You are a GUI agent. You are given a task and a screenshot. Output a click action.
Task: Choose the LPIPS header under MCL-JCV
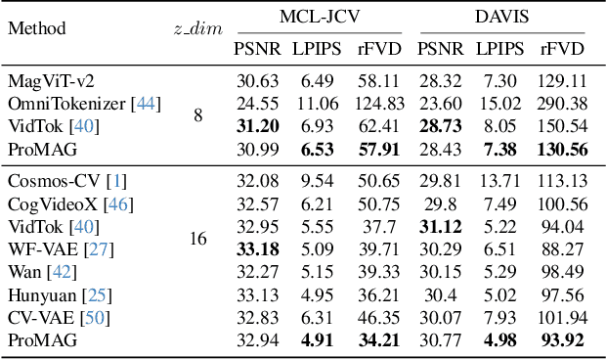(x=316, y=49)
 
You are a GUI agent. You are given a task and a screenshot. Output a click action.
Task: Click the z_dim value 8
(x=198, y=115)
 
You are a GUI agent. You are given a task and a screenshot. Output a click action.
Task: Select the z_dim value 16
(x=197, y=238)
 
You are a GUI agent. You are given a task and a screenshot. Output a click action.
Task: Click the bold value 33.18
(x=257, y=248)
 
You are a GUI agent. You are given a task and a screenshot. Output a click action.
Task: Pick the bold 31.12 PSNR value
(x=441, y=226)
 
